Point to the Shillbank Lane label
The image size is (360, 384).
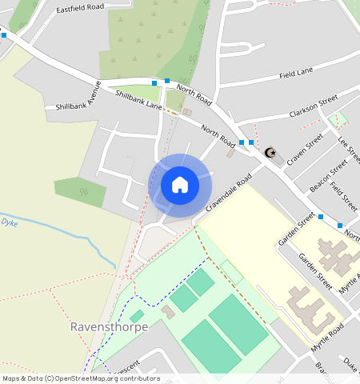click(138, 100)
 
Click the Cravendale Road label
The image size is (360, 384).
click(227, 192)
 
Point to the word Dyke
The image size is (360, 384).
click(9, 223)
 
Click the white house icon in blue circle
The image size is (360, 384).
click(180, 185)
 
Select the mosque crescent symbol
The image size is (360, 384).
click(270, 152)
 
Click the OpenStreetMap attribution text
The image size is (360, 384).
click(81, 378)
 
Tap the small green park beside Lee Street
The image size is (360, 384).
click(338, 121)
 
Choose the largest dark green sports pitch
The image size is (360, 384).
click(238, 324)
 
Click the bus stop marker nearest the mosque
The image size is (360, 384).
click(250, 142)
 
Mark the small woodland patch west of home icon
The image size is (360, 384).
click(80, 192)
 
